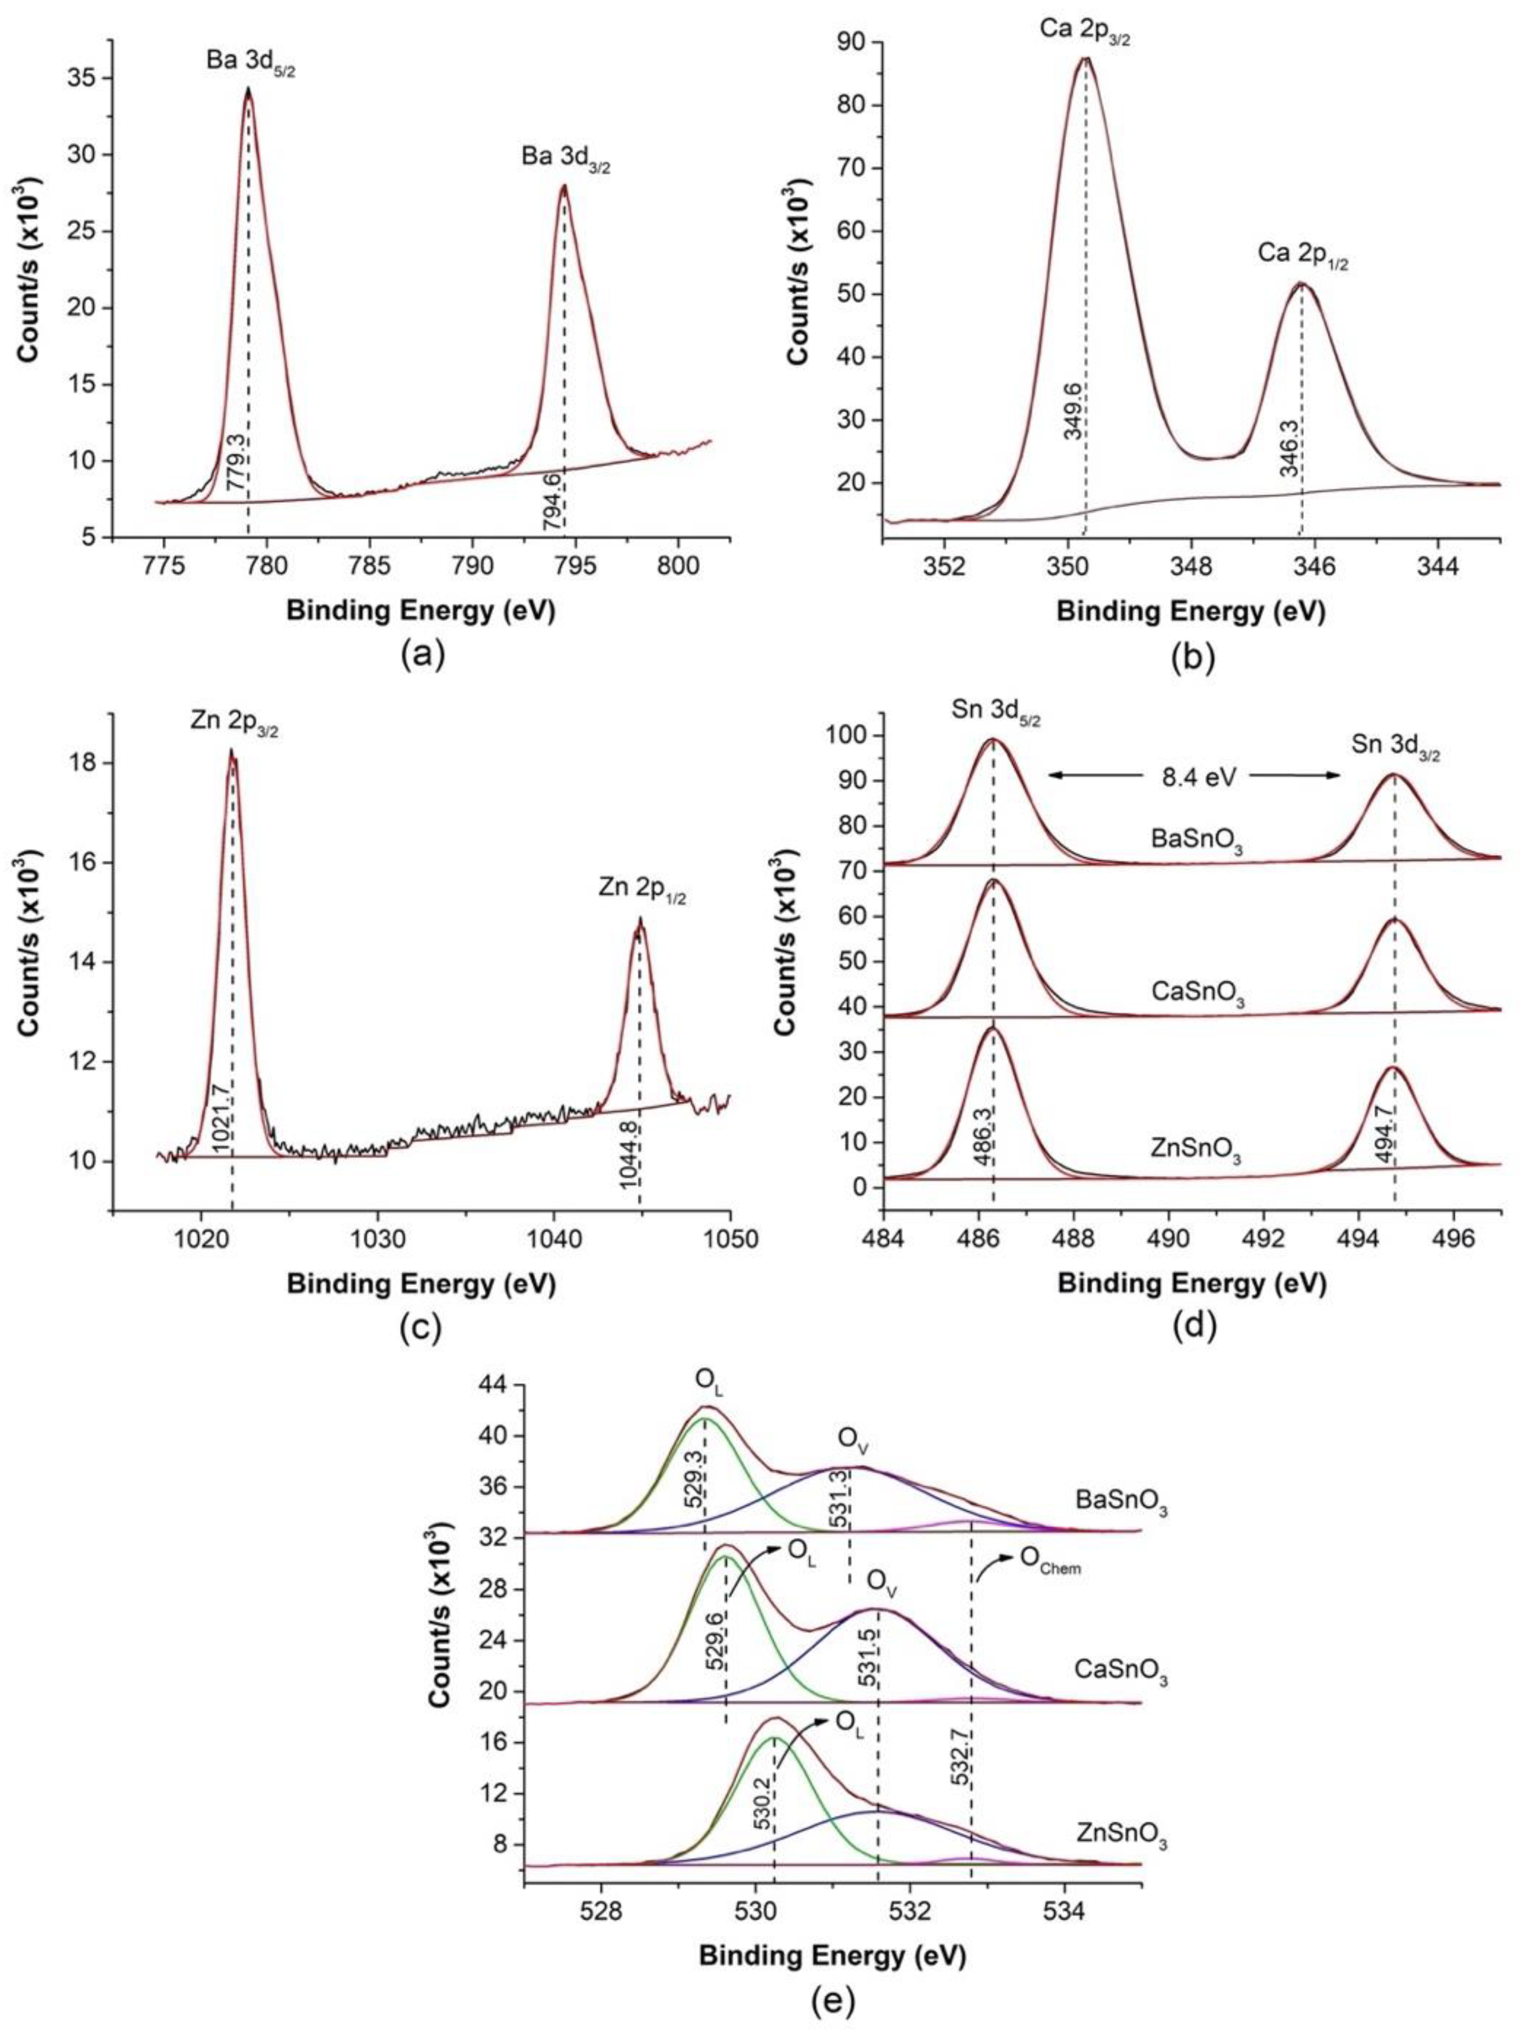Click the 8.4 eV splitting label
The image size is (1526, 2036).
tap(1194, 776)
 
